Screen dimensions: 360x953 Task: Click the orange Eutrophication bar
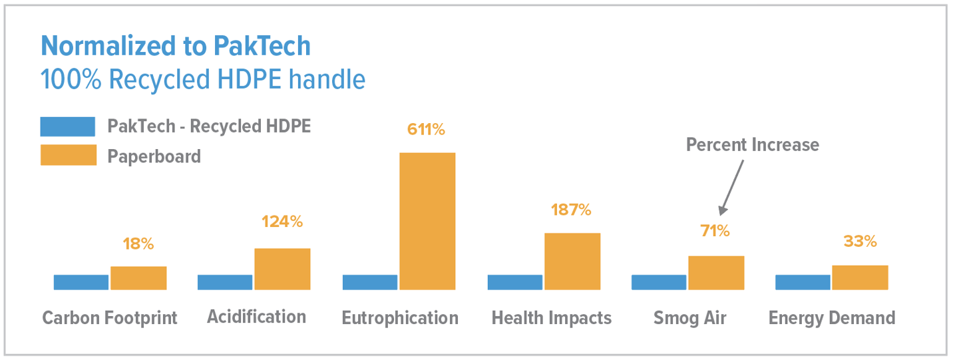tap(427, 221)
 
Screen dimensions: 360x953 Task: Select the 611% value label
tap(426, 129)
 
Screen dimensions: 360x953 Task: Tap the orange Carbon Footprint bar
tap(138, 277)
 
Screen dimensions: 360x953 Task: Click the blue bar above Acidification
tap(225, 282)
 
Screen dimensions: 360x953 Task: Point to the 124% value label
tap(282, 222)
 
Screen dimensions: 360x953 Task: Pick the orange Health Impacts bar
tap(572, 261)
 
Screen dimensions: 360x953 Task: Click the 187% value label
tap(571, 210)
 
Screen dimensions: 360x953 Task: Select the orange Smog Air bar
tap(716, 272)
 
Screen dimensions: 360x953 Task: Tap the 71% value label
tap(715, 231)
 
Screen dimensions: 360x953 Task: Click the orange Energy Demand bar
tap(860, 277)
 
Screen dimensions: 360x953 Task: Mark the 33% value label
tap(860, 241)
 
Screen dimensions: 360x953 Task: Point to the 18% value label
tap(138, 244)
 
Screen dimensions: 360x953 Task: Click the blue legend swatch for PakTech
tap(68, 126)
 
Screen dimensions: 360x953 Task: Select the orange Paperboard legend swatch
tap(68, 155)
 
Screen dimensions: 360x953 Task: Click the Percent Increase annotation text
tap(752, 144)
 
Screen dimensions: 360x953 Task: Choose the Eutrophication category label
tap(400, 318)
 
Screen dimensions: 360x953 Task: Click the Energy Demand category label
tap(832, 318)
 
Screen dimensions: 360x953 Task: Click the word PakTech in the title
tap(262, 46)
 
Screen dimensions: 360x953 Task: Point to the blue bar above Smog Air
tap(659, 282)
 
